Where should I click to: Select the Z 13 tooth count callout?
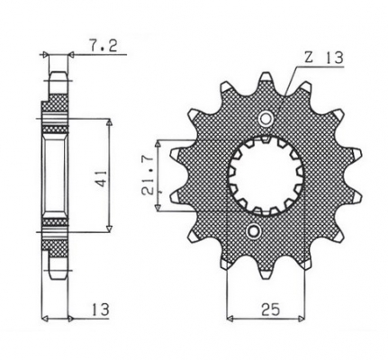coord(324,58)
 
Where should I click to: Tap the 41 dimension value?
coord(103,179)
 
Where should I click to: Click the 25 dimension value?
coord(270,310)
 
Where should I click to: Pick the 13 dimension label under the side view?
coord(99,310)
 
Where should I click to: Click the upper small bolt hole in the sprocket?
coord(266,119)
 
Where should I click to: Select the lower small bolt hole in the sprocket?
coord(253,231)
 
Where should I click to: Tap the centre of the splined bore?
coord(266,175)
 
